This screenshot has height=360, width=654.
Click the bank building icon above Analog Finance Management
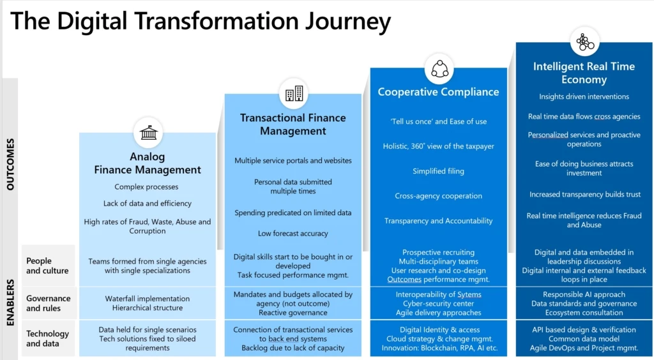click(148, 133)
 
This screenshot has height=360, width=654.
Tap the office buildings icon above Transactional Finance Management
click(294, 94)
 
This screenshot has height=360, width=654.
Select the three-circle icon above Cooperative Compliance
click(439, 68)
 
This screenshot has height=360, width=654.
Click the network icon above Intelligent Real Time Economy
click(584, 42)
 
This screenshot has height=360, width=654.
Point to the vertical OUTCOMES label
click(10, 165)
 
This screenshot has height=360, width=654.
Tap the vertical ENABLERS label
click(10, 302)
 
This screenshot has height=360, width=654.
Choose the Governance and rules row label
click(48, 303)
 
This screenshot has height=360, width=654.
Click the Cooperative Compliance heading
click(438, 92)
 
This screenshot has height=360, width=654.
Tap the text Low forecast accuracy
click(293, 234)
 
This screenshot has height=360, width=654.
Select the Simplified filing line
click(438, 171)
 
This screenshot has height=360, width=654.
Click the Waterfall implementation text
click(148, 298)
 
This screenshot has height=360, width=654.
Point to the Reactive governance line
click(293, 313)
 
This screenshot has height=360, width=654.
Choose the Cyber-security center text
click(438, 304)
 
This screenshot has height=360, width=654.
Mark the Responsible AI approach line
click(584, 294)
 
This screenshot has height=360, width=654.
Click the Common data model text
click(584, 339)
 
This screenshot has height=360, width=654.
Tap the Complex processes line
click(146, 187)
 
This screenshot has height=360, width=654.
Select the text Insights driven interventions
click(584, 97)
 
